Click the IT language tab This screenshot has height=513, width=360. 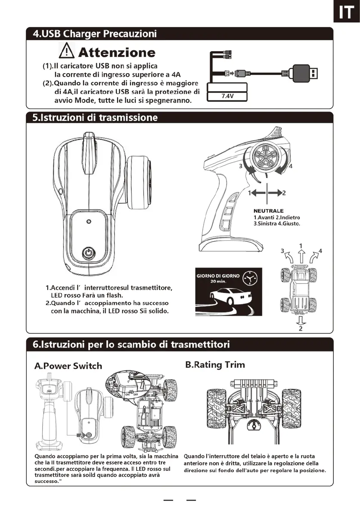click(x=346, y=13)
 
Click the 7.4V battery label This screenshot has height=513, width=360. click(x=227, y=96)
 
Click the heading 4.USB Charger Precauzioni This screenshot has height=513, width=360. click(x=95, y=34)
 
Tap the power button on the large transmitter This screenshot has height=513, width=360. click(x=88, y=252)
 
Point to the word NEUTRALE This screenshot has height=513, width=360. click(x=268, y=211)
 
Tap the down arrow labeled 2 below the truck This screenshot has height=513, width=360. click(x=301, y=321)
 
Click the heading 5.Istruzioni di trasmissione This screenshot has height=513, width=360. click(x=96, y=118)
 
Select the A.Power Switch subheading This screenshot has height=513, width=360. click(x=68, y=366)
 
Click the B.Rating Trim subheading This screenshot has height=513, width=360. click(x=215, y=365)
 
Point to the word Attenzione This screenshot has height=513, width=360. click(x=116, y=53)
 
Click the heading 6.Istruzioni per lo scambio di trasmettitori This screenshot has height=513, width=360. click(x=131, y=344)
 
